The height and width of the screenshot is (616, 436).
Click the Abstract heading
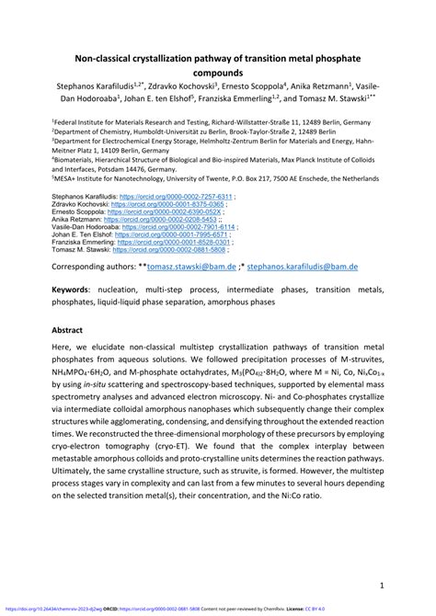(73, 328)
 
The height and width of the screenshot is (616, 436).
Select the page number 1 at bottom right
(380, 585)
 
